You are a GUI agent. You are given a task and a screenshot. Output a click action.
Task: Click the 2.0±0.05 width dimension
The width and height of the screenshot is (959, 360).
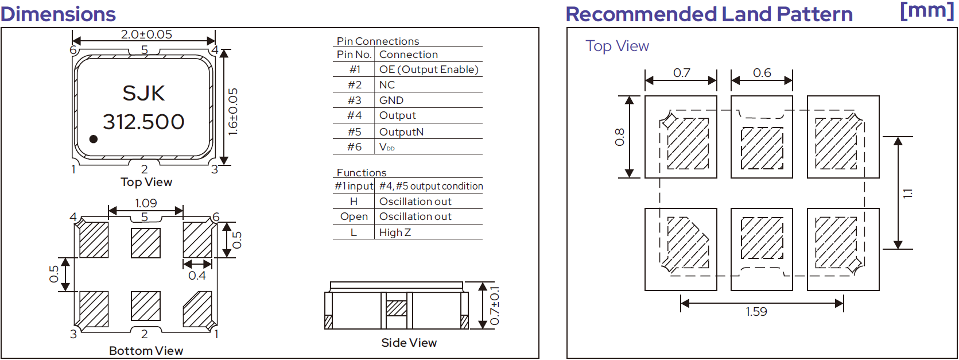[146, 34]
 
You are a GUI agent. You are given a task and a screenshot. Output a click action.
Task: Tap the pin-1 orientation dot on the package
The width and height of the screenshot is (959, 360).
[94, 139]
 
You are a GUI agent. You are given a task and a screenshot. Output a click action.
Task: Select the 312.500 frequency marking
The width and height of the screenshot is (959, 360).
[143, 122]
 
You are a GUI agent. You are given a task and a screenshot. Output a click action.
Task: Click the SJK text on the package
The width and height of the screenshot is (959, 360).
[143, 94]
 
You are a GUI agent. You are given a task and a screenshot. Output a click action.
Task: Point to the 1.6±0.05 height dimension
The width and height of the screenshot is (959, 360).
[233, 112]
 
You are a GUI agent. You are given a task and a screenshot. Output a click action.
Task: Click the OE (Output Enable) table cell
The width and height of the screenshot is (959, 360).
[429, 69]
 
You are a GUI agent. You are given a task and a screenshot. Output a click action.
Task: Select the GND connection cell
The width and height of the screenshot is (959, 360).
[391, 100]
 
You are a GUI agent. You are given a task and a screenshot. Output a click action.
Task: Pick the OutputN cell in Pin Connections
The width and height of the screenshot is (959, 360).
[401, 132]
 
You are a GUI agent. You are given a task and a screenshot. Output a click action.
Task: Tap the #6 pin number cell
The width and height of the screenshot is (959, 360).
[355, 147]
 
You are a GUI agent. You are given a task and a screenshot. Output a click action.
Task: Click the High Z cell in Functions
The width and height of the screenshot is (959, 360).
[395, 233]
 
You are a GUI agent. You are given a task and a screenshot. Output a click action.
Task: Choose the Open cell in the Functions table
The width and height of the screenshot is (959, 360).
[354, 216]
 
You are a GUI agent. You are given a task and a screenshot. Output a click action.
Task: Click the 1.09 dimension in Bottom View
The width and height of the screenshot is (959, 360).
[146, 203]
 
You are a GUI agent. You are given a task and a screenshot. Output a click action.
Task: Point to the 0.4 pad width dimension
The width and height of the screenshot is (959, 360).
[197, 276]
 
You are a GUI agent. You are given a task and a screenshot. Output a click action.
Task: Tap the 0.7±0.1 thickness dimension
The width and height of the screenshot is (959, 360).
[495, 305]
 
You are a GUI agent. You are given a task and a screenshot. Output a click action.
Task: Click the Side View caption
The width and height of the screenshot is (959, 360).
[409, 342]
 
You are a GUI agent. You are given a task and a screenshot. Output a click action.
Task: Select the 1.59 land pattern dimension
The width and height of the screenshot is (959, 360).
[756, 312]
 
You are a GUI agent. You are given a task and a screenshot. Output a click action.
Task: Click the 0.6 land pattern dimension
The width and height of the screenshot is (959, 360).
[762, 73]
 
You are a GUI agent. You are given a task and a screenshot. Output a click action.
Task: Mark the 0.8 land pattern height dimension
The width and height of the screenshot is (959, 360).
[620, 137]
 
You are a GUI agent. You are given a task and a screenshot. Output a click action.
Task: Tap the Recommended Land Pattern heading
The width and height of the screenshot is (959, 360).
[709, 14]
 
